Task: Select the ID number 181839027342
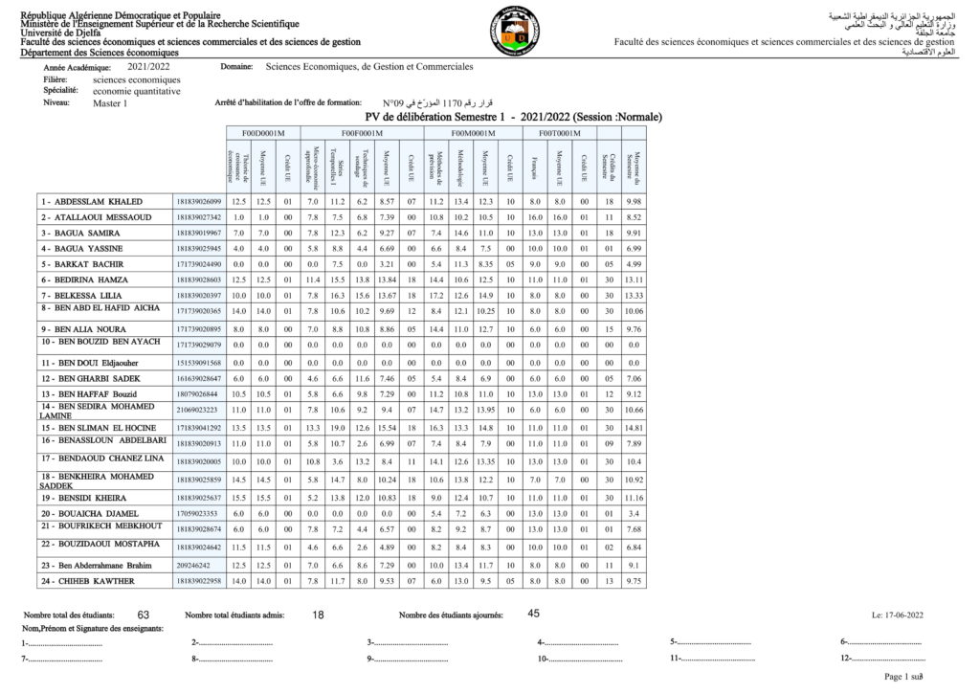[x=198, y=217]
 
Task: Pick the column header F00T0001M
[x=559, y=133]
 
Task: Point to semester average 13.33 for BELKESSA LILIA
[x=633, y=295]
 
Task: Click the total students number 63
[x=144, y=615]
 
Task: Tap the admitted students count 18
[x=319, y=615]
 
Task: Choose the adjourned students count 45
[x=534, y=614]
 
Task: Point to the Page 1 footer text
[x=899, y=677]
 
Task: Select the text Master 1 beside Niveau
[x=110, y=103]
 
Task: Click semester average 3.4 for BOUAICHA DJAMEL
[x=633, y=514]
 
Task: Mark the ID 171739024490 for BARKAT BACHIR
[x=198, y=264]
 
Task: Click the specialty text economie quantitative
[x=136, y=91]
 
